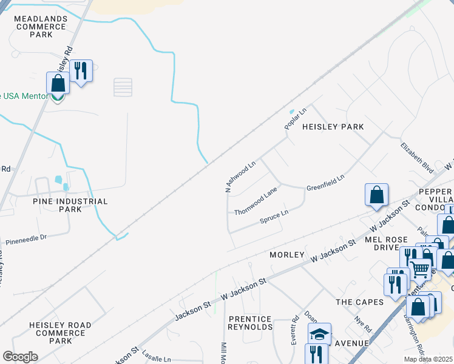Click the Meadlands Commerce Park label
[41, 27]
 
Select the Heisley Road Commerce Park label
[60, 333]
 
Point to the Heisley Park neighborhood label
[333, 127]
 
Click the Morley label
[286, 255]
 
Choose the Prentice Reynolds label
[250, 323]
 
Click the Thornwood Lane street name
[256, 202]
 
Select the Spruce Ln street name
[273, 216]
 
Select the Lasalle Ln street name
[158, 359]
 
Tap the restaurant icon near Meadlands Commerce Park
[80, 71]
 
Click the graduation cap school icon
[319, 333]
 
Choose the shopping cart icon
[419, 268]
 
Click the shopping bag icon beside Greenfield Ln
[376, 194]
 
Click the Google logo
[20, 357]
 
